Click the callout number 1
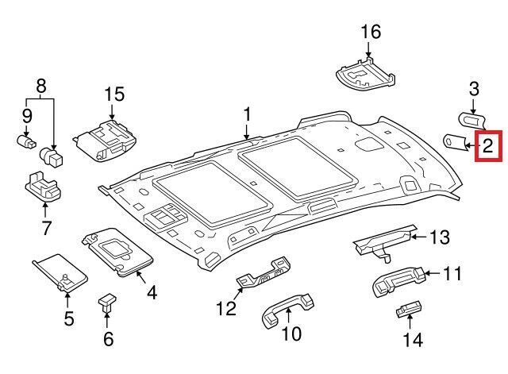pos(247,115)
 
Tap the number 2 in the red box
pos(488,145)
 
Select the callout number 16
pos(371,33)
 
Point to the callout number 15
pos(114,94)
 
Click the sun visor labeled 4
pos(119,253)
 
